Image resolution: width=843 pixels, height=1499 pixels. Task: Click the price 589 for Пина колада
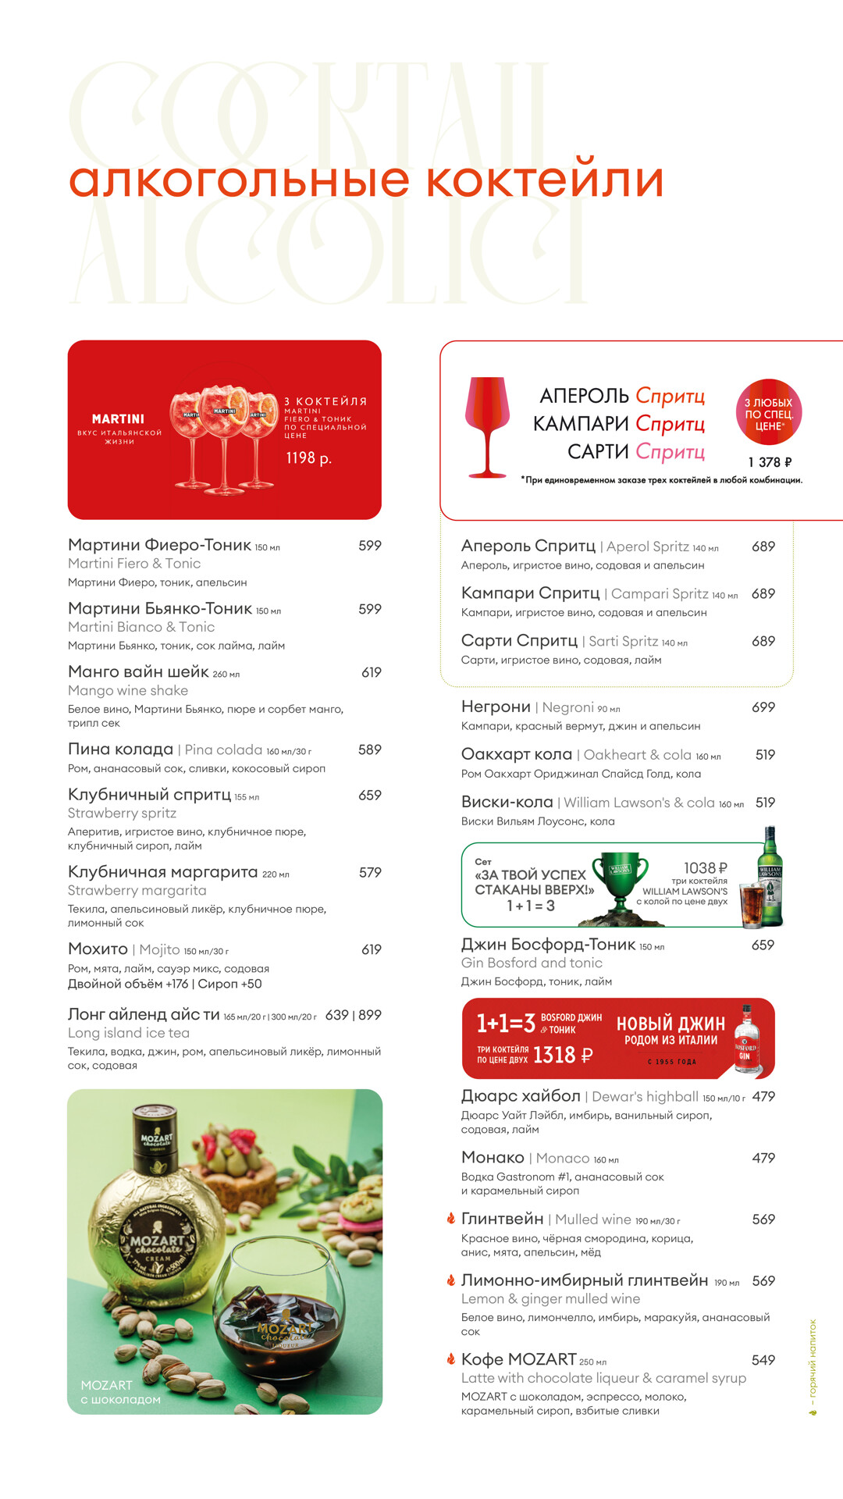(369, 749)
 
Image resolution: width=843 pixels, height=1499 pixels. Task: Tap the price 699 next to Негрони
(763, 707)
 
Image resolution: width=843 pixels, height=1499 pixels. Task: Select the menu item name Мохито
(98, 949)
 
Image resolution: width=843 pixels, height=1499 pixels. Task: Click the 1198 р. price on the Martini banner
(308, 458)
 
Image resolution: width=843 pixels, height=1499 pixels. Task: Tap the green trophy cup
(620, 879)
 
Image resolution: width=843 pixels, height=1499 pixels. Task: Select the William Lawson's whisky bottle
(770, 876)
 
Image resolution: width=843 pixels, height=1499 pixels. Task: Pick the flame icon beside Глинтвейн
(450, 1219)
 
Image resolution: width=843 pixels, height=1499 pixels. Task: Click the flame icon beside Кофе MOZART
(450, 1359)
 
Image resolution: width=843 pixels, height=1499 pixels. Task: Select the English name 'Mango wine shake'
(128, 691)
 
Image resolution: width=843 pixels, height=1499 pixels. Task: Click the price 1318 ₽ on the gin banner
(562, 1056)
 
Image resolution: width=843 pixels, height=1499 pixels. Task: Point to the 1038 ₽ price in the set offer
(705, 868)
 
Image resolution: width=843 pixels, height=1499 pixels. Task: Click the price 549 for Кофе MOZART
(763, 1360)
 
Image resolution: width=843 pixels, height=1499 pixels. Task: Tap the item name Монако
(493, 1158)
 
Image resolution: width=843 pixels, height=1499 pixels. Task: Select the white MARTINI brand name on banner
(118, 419)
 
